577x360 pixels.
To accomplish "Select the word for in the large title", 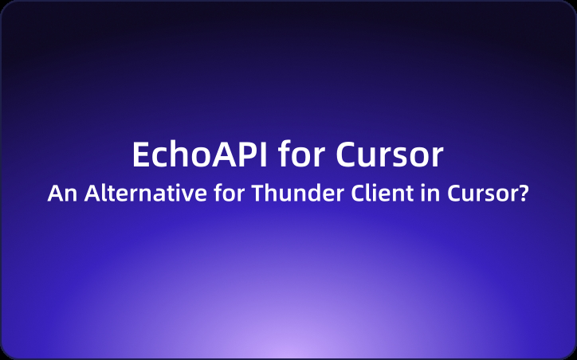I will (x=302, y=155).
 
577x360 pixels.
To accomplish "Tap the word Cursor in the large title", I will (x=390, y=155).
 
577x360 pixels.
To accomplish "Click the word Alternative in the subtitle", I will (x=137, y=194).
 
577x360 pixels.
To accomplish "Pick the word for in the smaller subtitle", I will (x=216, y=194).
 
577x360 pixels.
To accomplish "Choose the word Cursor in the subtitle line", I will (x=463, y=194).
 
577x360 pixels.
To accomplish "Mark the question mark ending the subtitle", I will (x=523, y=194).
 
